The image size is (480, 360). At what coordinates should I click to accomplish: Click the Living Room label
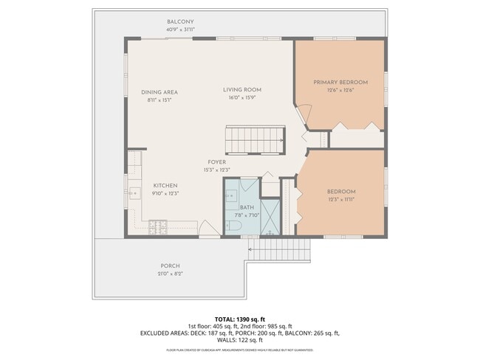pyautogui.click(x=242, y=90)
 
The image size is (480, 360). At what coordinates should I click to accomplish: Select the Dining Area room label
pyautogui.click(x=160, y=92)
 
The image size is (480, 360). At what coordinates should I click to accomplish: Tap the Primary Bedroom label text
pyautogui.click(x=340, y=82)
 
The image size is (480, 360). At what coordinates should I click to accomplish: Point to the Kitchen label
pyautogui.click(x=165, y=185)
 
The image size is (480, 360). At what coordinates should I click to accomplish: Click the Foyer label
pyautogui.click(x=216, y=162)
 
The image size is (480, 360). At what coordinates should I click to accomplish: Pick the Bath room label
pyautogui.click(x=246, y=207)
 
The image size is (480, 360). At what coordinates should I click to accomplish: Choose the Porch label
pyautogui.click(x=170, y=266)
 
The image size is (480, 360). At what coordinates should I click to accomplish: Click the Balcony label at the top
pyautogui.click(x=180, y=22)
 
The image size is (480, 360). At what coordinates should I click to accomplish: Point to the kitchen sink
pyautogui.click(x=134, y=193)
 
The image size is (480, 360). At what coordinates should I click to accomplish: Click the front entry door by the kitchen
pyautogui.click(x=210, y=230)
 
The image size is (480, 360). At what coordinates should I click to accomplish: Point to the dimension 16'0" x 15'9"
pyautogui.click(x=242, y=98)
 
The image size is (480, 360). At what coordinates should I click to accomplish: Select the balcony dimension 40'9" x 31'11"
pyautogui.click(x=180, y=30)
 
